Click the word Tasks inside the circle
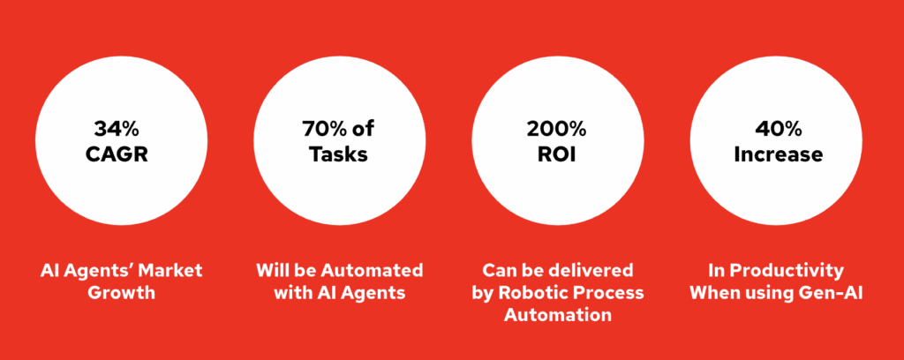click(339, 154)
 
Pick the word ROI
click(557, 154)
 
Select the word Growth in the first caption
click(121, 293)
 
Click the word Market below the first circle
click(174, 271)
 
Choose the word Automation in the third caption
click(558, 315)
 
